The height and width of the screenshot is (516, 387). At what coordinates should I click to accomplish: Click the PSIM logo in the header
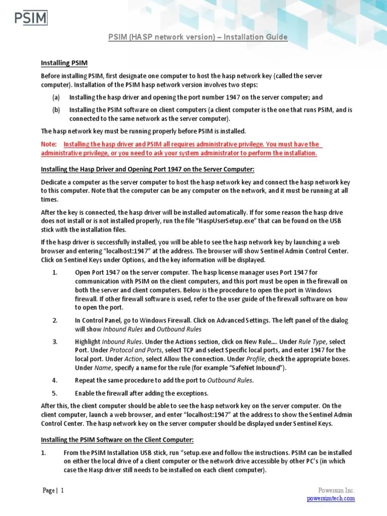point(30,19)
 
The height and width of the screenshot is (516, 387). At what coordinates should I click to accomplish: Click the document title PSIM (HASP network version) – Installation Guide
point(198,37)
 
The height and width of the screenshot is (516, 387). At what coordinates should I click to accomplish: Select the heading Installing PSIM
point(64,63)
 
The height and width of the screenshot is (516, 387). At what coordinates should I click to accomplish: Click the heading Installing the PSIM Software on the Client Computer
point(117,440)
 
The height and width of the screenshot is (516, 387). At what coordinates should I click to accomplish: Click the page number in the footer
point(62,491)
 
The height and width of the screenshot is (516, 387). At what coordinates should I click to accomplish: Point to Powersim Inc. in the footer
point(336,490)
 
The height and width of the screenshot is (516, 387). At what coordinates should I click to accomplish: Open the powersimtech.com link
point(331,498)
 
